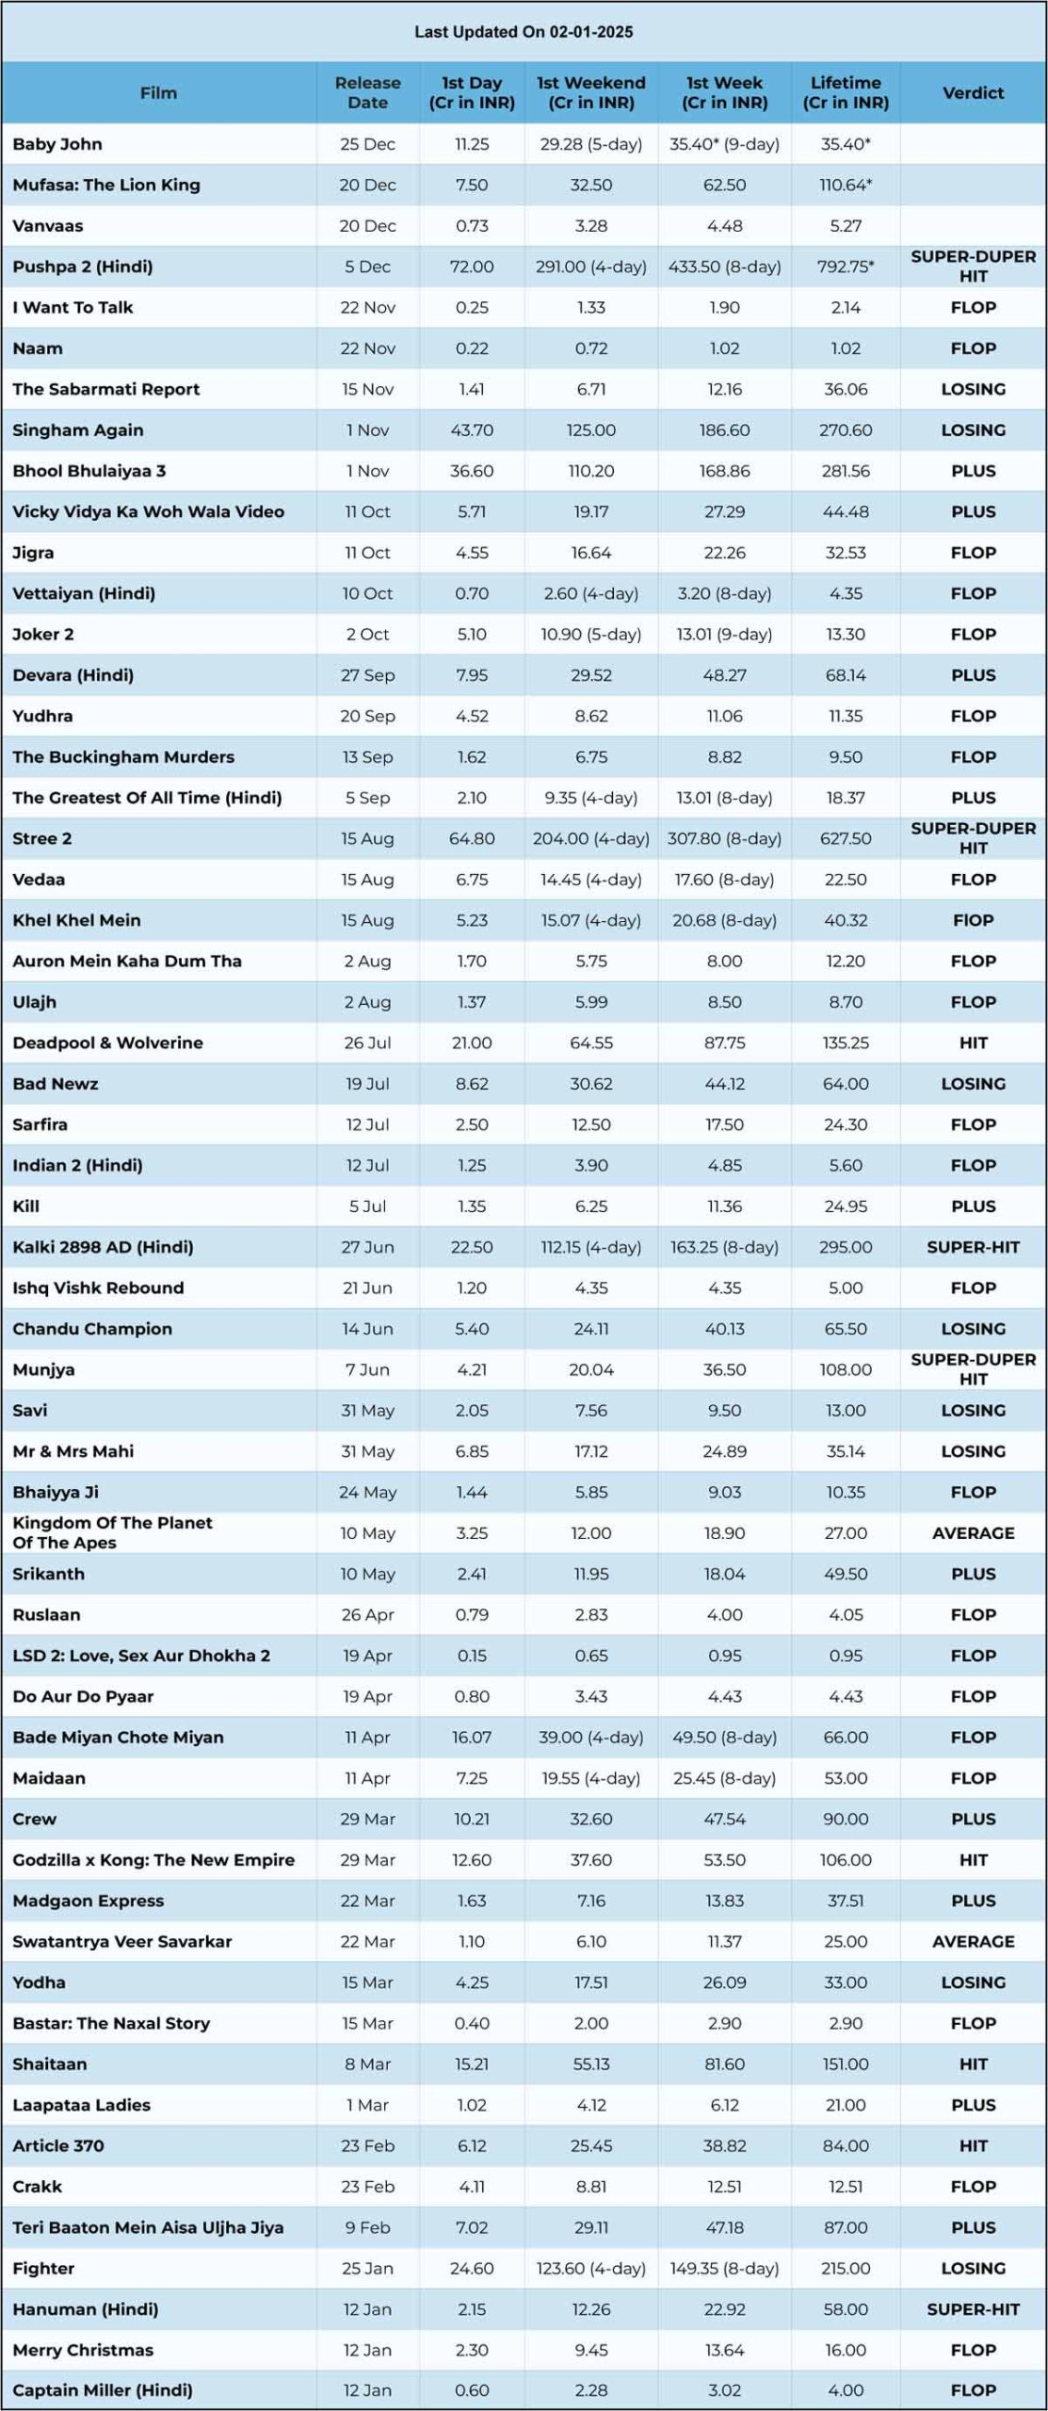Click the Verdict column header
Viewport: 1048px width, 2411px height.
coord(973,92)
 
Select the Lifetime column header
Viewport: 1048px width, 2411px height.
coord(846,92)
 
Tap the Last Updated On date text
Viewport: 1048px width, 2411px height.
coord(524,32)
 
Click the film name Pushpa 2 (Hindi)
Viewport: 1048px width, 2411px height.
coord(83,267)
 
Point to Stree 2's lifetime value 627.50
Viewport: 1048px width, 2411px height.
coord(846,838)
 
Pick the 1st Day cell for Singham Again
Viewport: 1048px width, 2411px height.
coord(472,429)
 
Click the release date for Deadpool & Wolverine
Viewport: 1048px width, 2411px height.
coord(367,1043)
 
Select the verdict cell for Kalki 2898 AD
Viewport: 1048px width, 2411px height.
coord(973,1247)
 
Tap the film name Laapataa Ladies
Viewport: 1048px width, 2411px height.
coord(81,2105)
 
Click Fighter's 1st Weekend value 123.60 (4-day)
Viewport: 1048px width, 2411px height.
coord(591,2268)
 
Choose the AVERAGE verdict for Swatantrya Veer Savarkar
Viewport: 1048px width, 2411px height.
coord(973,1941)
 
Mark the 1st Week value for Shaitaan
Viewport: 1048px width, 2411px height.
coord(724,2063)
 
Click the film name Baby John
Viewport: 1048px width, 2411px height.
coord(57,144)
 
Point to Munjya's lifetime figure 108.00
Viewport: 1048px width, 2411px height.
coord(846,1369)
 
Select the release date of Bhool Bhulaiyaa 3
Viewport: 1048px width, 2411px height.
coord(367,471)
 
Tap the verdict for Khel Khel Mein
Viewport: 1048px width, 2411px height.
coord(973,920)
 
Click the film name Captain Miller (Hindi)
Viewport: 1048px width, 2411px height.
coord(103,2390)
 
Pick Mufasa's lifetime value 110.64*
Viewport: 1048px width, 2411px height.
coord(846,185)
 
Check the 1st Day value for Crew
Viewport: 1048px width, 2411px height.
coord(472,1819)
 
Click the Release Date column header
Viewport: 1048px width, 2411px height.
coord(367,92)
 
